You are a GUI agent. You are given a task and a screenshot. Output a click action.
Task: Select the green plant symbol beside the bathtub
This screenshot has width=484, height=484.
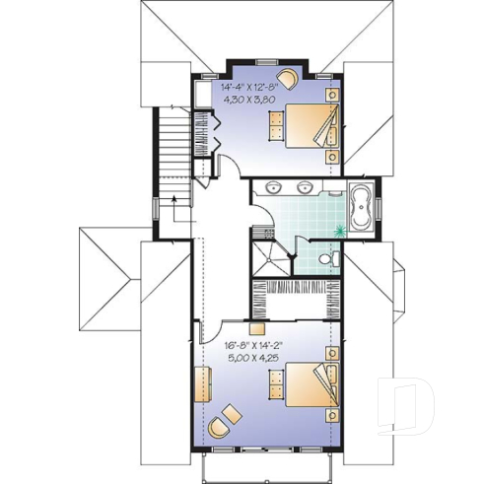click(x=342, y=231)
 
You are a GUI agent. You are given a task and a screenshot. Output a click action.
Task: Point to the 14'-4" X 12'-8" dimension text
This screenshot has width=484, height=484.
click(x=258, y=86)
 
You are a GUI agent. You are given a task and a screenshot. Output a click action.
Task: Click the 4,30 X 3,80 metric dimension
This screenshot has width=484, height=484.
click(x=258, y=100)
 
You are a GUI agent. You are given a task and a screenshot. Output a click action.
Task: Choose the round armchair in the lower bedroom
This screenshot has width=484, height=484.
click(x=221, y=426)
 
